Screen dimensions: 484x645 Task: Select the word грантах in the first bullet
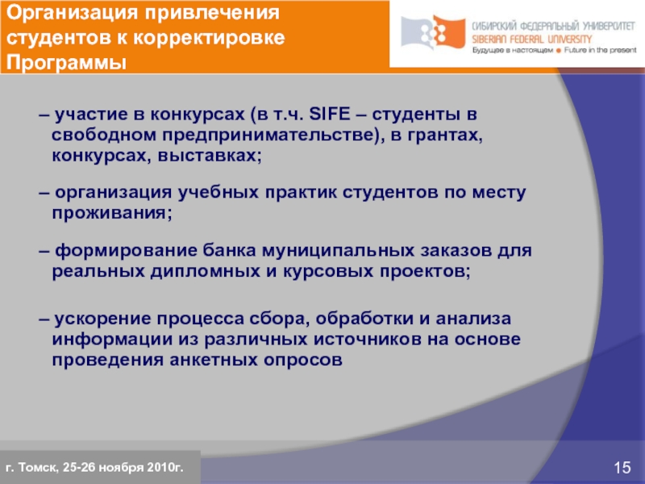click(x=448, y=133)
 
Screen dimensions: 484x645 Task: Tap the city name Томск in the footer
click(x=35, y=467)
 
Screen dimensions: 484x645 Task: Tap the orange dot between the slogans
click(x=548, y=50)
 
